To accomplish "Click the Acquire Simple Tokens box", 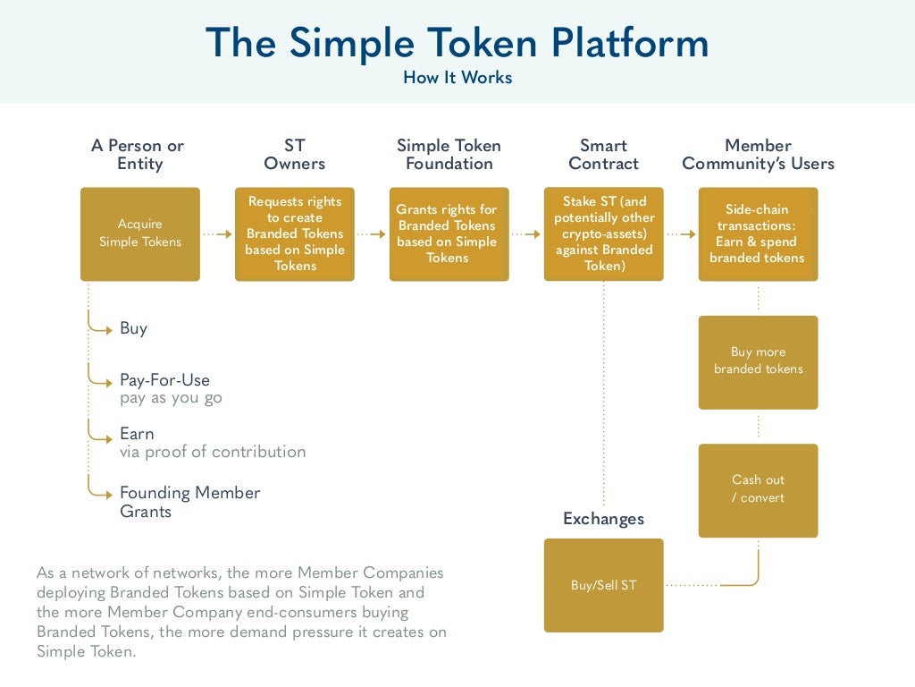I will click(140, 233).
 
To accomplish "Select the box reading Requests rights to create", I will click(295, 233).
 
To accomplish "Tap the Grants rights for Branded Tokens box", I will click(449, 233).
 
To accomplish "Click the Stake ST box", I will click(603, 233).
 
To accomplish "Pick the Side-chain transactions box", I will click(758, 233).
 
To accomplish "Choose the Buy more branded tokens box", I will click(758, 361).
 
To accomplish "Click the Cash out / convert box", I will click(758, 489).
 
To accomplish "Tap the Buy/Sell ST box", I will click(603, 585).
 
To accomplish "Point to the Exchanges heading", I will click(603, 519).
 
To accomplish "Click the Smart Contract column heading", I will click(603, 154).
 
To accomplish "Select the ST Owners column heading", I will click(295, 154).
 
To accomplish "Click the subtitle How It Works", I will click(457, 78).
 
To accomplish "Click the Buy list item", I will click(133, 328).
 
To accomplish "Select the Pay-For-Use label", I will click(164, 380).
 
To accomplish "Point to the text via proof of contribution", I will click(213, 452).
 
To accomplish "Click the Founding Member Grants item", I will click(189, 502).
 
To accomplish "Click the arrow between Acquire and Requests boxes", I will click(217, 234).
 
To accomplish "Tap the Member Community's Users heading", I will click(758, 154).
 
